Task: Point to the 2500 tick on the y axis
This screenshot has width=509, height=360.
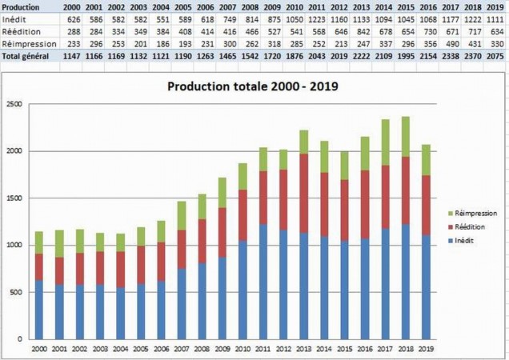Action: tap(14, 104)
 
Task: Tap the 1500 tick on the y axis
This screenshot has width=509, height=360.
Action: tap(14, 198)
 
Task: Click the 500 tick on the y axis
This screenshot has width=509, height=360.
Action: tap(16, 292)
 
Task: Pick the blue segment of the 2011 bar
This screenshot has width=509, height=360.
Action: tap(264, 281)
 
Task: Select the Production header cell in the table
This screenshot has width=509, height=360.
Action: tap(22, 6)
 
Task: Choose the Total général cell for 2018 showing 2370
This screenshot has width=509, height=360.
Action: tap(473, 57)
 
